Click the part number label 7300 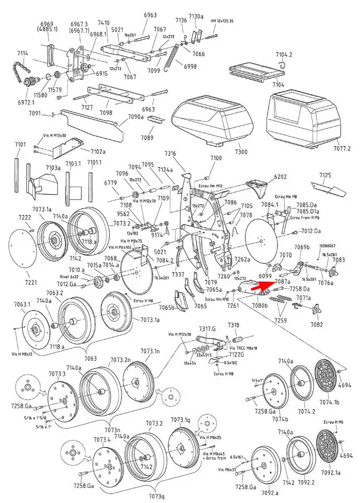(241, 152)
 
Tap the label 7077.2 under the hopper (342, 148)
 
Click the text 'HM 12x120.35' (221, 21)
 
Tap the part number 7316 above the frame (170, 153)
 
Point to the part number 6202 (280, 176)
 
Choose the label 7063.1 (22, 304)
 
